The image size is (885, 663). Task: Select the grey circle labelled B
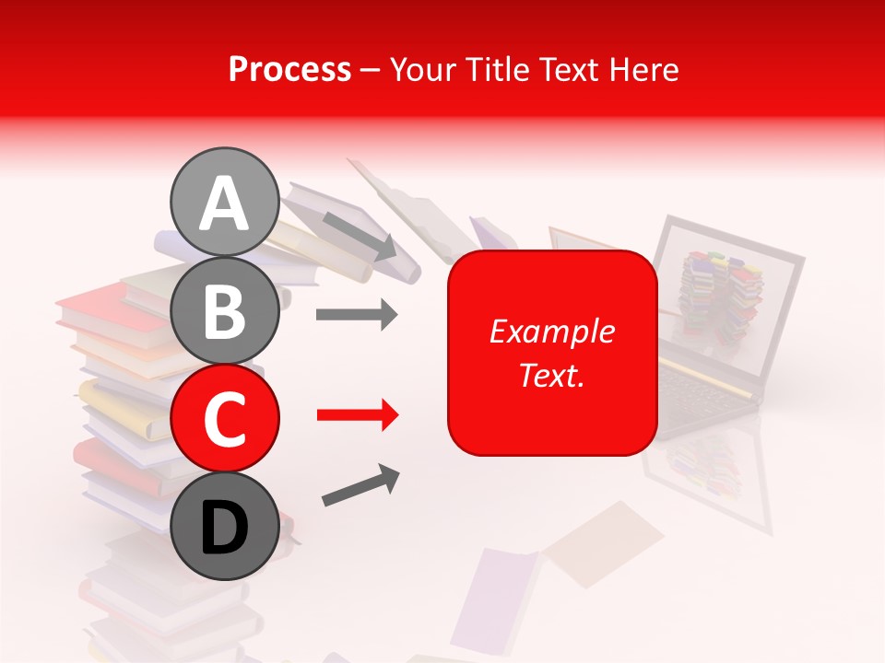click(224, 310)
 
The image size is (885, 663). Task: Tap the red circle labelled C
click(224, 418)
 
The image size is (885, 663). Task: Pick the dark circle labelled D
click(224, 526)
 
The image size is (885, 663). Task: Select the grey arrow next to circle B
click(357, 315)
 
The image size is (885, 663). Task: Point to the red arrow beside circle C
click(357, 415)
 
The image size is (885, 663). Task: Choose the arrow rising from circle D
click(360, 485)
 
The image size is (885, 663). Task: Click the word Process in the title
click(289, 69)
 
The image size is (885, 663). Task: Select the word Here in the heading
click(644, 69)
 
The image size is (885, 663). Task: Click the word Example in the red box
click(551, 331)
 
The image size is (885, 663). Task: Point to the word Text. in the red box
click(551, 375)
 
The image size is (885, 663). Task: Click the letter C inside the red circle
click(224, 419)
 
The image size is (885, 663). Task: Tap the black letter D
click(224, 528)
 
